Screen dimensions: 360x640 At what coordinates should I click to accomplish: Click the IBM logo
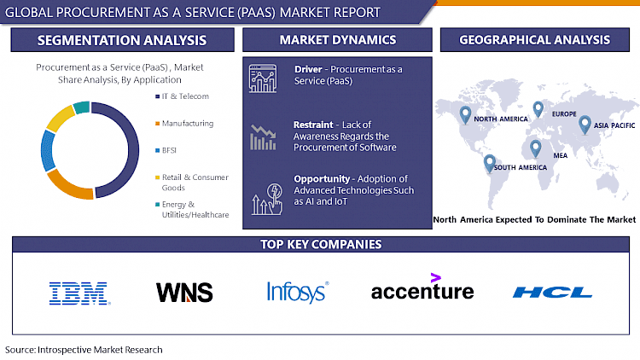[x=79, y=293]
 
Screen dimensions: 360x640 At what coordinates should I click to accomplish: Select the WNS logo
[x=184, y=293]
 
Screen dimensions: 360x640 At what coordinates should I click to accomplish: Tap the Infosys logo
[x=296, y=292]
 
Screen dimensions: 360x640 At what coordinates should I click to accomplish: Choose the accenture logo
[x=422, y=290]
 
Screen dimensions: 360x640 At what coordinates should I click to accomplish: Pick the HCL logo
[x=552, y=293]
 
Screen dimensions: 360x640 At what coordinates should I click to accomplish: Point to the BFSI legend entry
[x=169, y=149]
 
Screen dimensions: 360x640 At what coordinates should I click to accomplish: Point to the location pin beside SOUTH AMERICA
[x=489, y=162]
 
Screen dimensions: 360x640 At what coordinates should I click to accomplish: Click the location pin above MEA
[x=535, y=148]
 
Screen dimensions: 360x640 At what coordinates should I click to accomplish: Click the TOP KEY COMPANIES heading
[x=320, y=245]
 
